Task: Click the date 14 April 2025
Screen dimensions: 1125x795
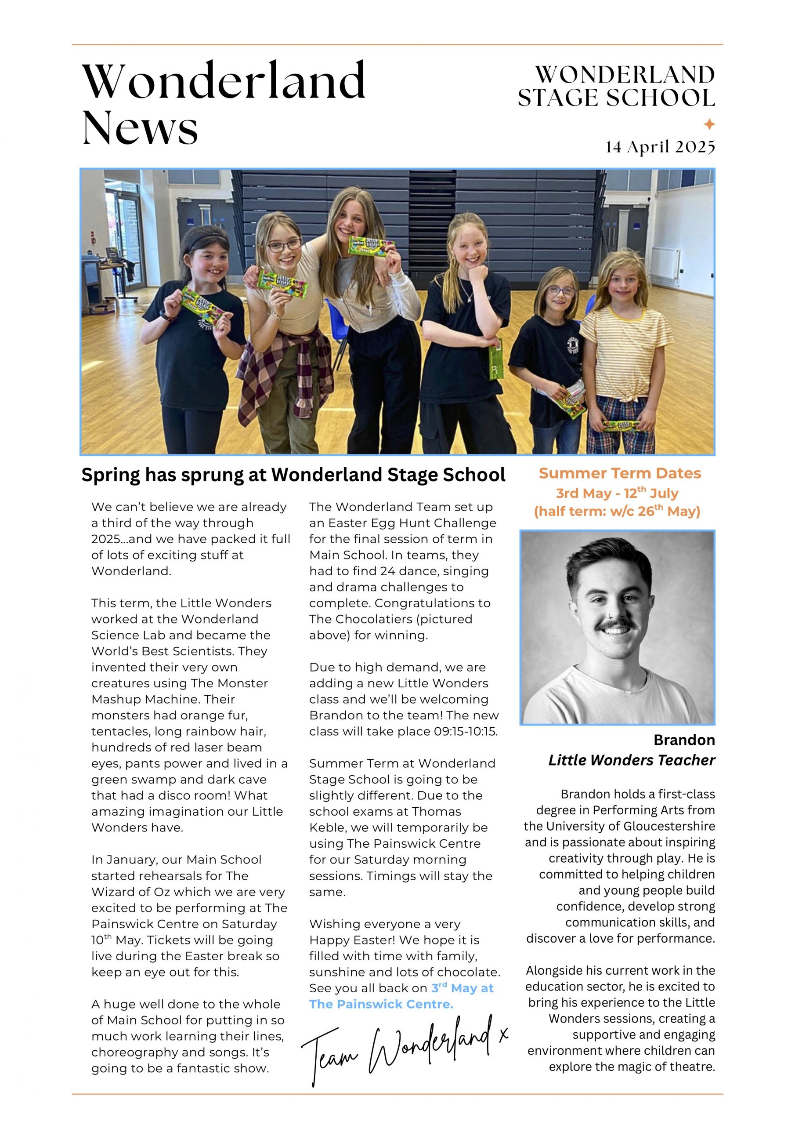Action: pyautogui.click(x=660, y=146)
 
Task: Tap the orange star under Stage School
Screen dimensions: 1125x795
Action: pyautogui.click(x=709, y=124)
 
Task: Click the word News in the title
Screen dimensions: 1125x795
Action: pyautogui.click(x=140, y=127)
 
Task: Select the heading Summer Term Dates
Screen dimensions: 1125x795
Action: pyautogui.click(x=620, y=473)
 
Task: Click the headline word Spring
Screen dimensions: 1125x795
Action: pyautogui.click(x=110, y=475)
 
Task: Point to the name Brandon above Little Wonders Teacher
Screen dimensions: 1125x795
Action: pyautogui.click(x=684, y=740)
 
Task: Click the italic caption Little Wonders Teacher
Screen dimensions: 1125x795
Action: pyautogui.click(x=632, y=760)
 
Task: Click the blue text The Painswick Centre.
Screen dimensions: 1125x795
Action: pyautogui.click(x=381, y=1004)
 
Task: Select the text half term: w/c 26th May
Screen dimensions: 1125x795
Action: pyautogui.click(x=617, y=512)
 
